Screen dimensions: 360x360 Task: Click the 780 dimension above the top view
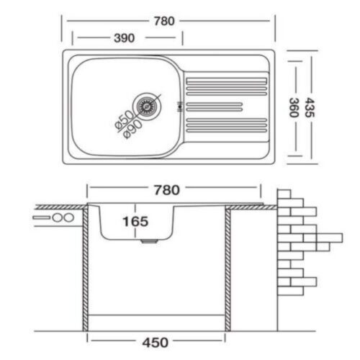(164, 21)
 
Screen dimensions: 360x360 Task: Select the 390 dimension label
(124, 38)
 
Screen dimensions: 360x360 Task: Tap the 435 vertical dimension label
(310, 107)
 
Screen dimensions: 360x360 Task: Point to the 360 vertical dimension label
(294, 107)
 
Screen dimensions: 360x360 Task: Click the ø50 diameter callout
(124, 120)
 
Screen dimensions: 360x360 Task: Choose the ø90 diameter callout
(132, 129)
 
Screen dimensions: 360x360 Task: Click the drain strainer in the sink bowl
(145, 107)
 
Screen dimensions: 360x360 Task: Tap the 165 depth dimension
(135, 221)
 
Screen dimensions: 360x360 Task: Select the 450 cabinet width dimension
(156, 342)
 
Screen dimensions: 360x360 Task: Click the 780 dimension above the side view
(167, 190)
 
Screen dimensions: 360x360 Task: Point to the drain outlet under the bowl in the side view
(149, 241)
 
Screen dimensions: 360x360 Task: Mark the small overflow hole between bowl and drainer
(179, 107)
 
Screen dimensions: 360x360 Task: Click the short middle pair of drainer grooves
(215, 107)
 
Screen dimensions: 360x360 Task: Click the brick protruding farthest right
(330, 238)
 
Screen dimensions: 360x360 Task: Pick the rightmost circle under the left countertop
(68, 217)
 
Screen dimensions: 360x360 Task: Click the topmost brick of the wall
(284, 194)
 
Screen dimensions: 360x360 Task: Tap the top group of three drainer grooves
(227, 86)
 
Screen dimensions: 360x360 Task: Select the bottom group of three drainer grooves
(227, 125)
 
